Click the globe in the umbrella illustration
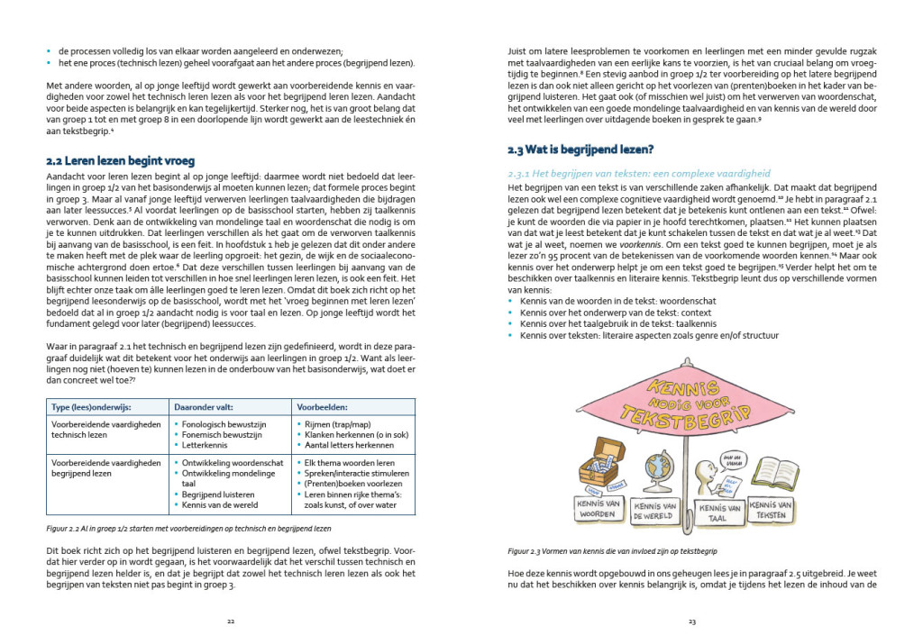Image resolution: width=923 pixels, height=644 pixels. (x=655, y=468)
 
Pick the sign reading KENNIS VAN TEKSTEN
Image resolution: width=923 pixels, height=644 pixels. (x=771, y=511)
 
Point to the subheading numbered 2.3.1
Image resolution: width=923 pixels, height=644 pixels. (x=639, y=173)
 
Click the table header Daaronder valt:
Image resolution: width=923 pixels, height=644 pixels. (x=206, y=406)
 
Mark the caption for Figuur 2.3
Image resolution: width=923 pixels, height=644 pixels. (x=617, y=549)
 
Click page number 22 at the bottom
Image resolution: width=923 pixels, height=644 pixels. (x=231, y=621)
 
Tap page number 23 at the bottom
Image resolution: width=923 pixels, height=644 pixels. (x=691, y=621)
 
